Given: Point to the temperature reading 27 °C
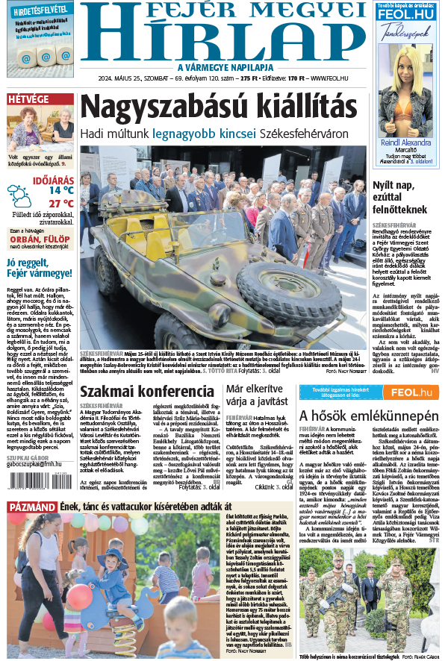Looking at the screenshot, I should [60, 204].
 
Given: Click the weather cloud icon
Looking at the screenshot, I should [20, 196].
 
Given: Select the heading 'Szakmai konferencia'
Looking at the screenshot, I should [147, 392].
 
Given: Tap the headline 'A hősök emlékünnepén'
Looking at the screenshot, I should [368, 416].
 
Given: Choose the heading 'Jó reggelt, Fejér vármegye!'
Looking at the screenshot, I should [37, 267].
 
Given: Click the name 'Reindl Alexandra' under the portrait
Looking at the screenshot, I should [405, 142].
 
